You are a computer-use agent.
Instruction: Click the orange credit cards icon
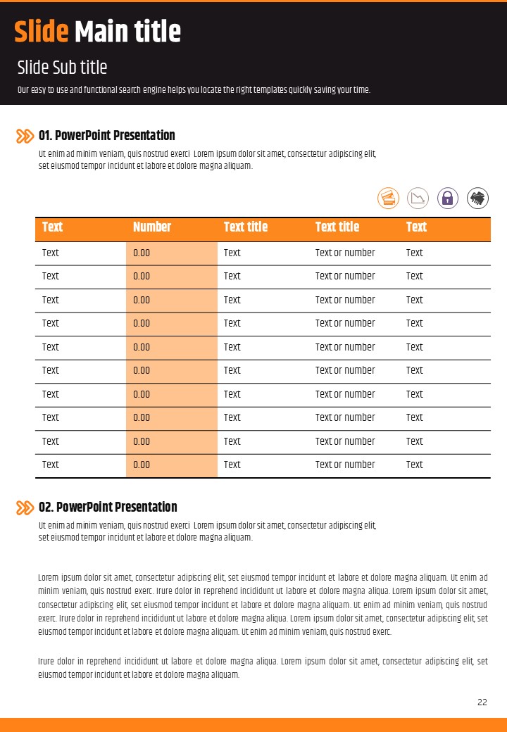[389, 198]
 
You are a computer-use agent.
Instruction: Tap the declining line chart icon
[418, 198]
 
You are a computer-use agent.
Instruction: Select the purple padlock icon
[448, 198]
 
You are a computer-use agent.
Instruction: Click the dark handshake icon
[478, 198]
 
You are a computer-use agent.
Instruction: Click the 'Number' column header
[152, 227]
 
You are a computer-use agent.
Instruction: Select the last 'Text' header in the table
[416, 227]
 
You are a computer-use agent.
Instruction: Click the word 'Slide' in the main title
[42, 32]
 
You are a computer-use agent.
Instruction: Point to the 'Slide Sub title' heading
[62, 68]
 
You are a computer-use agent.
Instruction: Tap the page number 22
[482, 702]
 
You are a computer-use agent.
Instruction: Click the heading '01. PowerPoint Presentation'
[107, 135]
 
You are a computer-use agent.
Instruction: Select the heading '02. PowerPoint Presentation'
[108, 507]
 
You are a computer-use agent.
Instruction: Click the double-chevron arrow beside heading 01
[25, 136]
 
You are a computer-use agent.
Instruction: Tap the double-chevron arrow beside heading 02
[25, 507]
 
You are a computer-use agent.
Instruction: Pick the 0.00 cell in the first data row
[142, 253]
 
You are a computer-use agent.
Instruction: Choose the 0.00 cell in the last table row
[142, 465]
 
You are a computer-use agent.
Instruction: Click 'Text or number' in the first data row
[345, 253]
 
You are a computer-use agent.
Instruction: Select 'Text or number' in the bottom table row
[345, 465]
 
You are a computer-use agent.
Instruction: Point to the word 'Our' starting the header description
[23, 90]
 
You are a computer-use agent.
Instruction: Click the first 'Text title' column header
[246, 227]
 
